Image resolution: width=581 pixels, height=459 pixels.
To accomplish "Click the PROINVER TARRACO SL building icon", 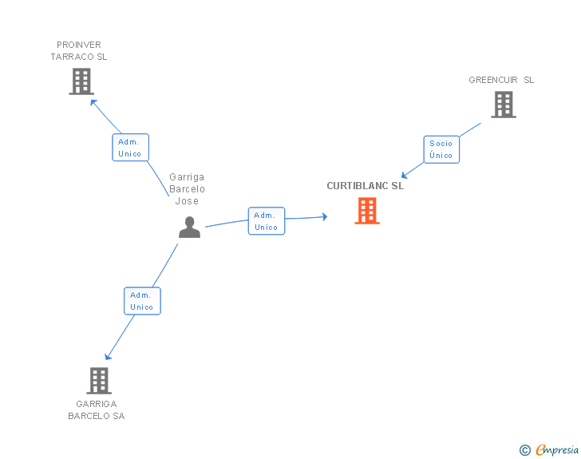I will coord(81,81).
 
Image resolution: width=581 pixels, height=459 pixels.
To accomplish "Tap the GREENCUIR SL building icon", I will coord(503,105).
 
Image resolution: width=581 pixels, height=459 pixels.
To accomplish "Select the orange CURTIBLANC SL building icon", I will coord(366,211).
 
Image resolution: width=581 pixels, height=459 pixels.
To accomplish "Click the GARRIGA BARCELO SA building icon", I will coord(98,381).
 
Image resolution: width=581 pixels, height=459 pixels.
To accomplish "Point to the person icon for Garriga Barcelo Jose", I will coord(189,228).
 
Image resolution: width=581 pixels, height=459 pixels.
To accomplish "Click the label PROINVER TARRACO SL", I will coord(79,51).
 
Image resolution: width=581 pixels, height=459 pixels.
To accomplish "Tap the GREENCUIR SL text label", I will coord(501,80).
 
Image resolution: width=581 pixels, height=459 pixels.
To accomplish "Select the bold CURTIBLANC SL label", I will coord(365,186).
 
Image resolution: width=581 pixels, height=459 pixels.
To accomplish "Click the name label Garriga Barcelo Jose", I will coord(187,189).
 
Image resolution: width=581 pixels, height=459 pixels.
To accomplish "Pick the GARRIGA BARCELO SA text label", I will coord(96,410).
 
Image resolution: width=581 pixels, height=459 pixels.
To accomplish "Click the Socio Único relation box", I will coord(441,149).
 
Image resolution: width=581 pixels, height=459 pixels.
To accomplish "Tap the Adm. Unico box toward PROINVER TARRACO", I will coord(130,148).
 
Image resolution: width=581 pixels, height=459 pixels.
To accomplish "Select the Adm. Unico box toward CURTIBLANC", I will coord(266,221).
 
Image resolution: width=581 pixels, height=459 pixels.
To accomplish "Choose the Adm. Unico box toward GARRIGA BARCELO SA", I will coord(142,301).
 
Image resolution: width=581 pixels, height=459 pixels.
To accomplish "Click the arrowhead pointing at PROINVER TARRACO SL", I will coord(93,101).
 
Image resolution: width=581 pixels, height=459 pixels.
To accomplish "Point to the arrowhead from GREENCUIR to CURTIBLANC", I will coord(405,176).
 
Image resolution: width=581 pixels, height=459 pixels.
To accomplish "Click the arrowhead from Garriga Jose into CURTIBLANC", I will coord(324,216).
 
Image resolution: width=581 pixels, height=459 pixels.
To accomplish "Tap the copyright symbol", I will coord(524,450).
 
